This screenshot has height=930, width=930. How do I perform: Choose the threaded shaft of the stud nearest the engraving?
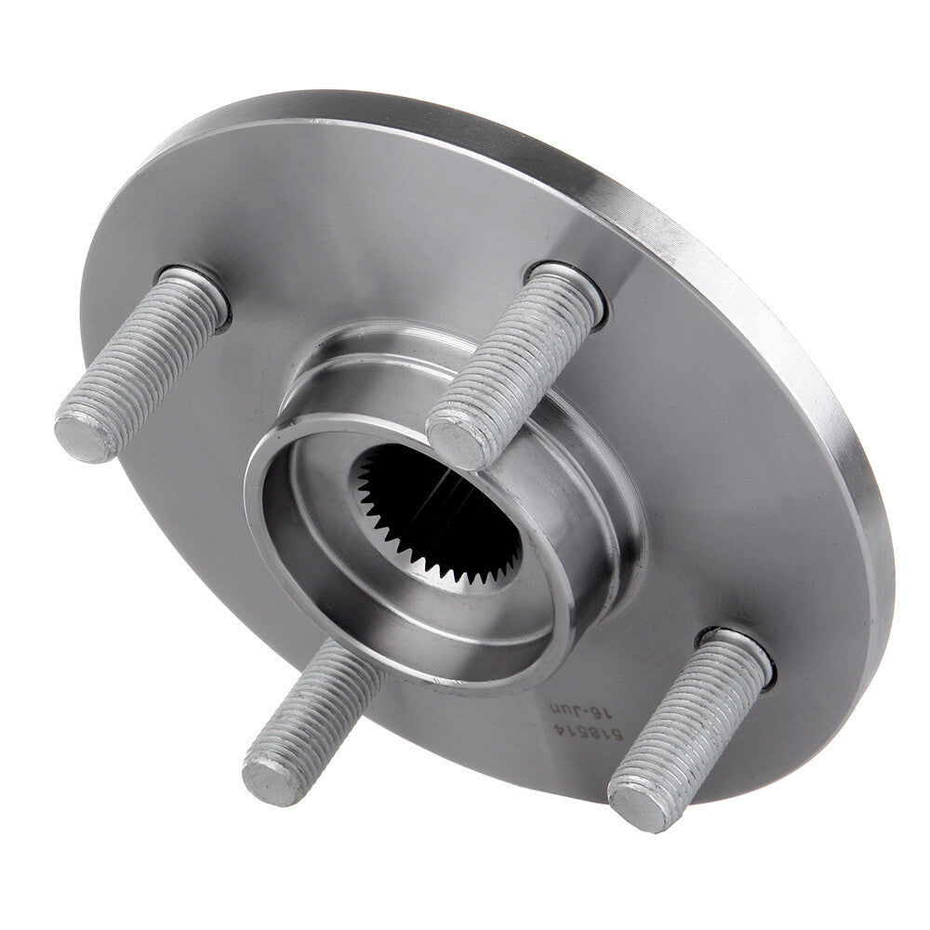(x=693, y=725)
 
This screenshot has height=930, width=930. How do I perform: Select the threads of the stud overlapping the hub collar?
(x=516, y=358)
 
